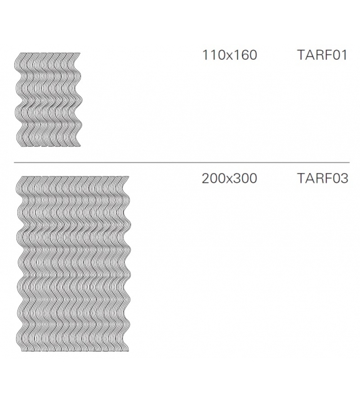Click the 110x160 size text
230,55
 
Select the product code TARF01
322,55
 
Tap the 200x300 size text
230,178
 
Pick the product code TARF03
322,178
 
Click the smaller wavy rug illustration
48,99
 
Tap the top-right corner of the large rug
128,178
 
